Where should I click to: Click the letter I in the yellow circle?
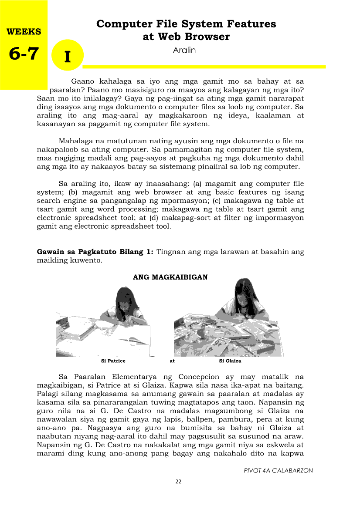coord(67,57)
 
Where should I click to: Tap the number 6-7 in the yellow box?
coord(24,54)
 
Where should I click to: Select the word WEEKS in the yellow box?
coord(24,32)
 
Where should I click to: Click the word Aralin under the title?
coord(184,50)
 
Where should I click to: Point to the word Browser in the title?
coord(206,37)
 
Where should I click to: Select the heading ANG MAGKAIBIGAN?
coord(170,277)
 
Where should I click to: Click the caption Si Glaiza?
coord(230,361)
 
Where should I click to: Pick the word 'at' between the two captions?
coord(172,361)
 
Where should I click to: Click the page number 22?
coord(178,482)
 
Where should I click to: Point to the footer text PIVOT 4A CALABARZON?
coord(278,471)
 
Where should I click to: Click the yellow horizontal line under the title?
coord(204,67)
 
